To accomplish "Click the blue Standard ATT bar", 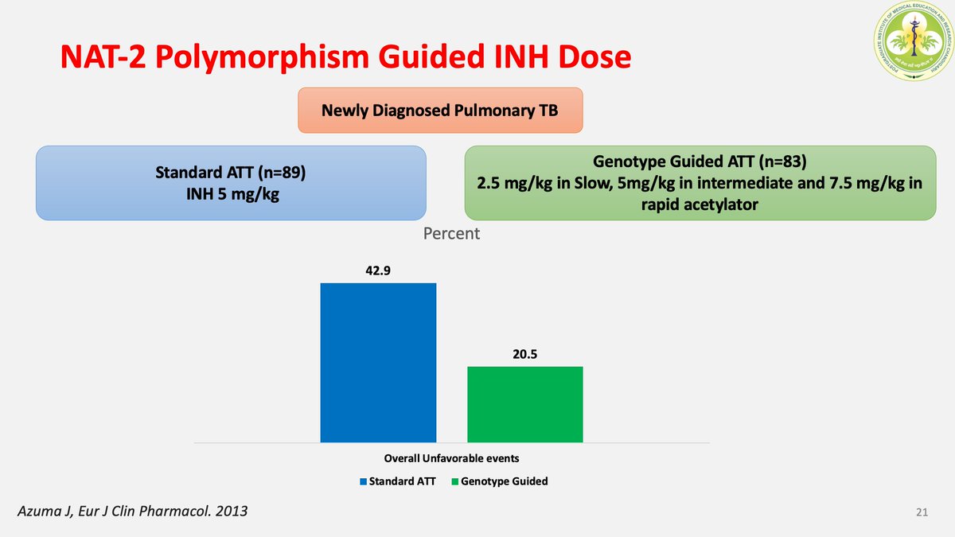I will [x=378, y=362].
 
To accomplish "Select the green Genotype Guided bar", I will [x=524, y=404].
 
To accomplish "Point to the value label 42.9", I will [x=379, y=270].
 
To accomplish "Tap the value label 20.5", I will [x=525, y=354].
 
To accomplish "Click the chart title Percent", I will [x=451, y=234].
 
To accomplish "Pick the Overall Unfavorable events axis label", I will [x=451, y=458].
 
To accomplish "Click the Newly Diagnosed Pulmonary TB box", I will [x=440, y=111].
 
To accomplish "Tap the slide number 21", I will [x=922, y=512].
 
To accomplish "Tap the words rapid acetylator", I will [x=700, y=203].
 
